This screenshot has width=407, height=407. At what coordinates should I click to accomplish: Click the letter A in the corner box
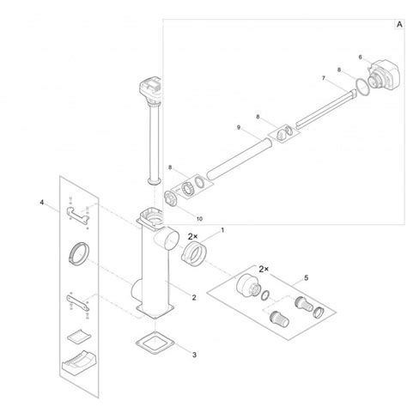click(399, 25)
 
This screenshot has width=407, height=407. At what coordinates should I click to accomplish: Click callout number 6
click(360, 58)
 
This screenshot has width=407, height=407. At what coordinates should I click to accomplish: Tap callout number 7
click(324, 78)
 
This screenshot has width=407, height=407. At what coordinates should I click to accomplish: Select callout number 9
click(239, 127)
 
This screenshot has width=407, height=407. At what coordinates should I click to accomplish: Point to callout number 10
click(199, 219)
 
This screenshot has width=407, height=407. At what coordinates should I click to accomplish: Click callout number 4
click(42, 203)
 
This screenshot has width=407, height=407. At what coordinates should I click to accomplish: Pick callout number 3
click(194, 355)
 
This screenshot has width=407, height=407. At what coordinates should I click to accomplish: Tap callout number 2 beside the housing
click(194, 298)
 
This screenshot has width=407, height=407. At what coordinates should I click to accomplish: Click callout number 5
click(307, 277)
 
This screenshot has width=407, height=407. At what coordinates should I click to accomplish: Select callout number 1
click(222, 230)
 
